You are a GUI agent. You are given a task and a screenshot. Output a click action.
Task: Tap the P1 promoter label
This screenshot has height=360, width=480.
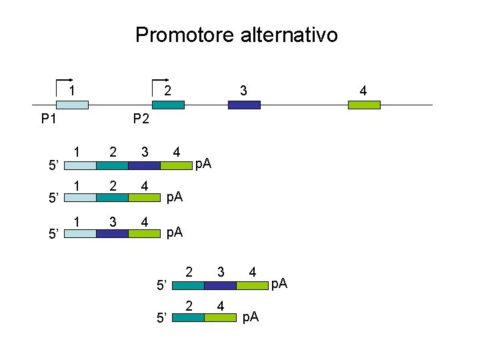48,119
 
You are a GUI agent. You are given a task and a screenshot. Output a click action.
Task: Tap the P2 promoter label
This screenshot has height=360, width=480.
140,119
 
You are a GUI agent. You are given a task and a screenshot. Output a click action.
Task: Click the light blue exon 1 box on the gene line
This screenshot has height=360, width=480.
71,105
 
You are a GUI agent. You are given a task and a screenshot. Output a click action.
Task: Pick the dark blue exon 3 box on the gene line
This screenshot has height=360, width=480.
244,105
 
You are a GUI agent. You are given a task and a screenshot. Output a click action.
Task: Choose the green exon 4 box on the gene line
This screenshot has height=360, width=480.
364,105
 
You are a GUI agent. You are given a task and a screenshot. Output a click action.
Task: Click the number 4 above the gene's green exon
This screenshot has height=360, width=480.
363,90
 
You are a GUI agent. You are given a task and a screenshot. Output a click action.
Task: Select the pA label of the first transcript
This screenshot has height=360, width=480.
203,164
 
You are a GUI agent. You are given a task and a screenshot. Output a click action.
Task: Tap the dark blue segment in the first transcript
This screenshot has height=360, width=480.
144,166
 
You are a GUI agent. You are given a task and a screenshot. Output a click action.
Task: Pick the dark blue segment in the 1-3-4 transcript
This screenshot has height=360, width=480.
111,233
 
